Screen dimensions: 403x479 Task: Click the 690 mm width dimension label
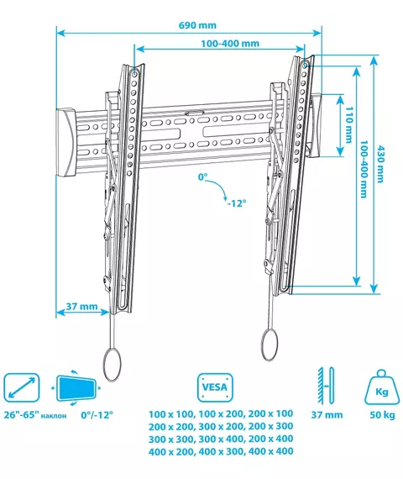[197, 25]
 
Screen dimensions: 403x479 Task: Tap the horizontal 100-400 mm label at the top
[230, 44]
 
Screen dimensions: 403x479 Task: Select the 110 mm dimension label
[348, 124]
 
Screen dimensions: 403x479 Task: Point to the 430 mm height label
[379, 164]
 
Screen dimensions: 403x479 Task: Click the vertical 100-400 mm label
[364, 169]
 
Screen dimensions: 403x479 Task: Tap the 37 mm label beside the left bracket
[81, 306]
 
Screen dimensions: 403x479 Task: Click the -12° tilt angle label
[237, 203]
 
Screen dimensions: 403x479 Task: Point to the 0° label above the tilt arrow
[202, 176]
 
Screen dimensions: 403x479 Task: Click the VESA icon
[215, 387]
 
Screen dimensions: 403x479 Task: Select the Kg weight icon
[382, 387]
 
